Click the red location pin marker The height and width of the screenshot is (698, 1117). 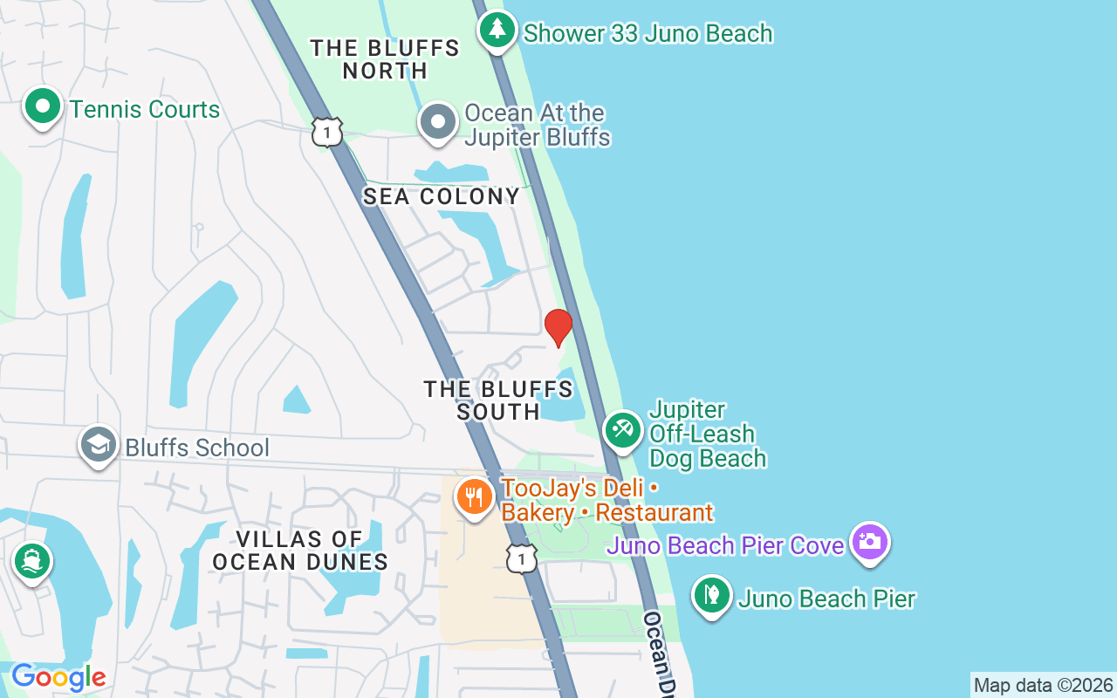tap(558, 326)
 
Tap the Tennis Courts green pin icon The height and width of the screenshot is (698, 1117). tap(43, 108)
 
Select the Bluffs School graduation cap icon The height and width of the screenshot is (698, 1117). tap(99, 446)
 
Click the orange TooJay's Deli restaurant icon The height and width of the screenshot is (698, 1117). tap(474, 497)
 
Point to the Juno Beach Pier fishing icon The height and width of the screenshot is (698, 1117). tap(712, 596)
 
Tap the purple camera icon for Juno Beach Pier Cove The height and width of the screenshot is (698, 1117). tap(869, 542)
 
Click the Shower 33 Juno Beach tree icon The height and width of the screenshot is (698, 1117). tap(497, 31)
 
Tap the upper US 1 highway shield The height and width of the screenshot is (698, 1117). tap(327, 132)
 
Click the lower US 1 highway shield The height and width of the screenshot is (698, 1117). tap(521, 558)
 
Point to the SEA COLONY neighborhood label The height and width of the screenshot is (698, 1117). tap(442, 197)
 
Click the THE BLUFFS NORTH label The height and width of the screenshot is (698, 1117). tap(385, 59)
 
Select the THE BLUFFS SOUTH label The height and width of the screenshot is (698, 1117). tap(498, 400)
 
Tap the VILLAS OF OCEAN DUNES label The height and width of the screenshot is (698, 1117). tap(300, 551)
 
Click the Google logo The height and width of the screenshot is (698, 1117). tap(58, 677)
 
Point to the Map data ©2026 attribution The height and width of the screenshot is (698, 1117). tap(1043, 686)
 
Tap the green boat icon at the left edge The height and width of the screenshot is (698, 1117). tap(32, 560)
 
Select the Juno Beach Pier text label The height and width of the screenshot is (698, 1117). tap(826, 599)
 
